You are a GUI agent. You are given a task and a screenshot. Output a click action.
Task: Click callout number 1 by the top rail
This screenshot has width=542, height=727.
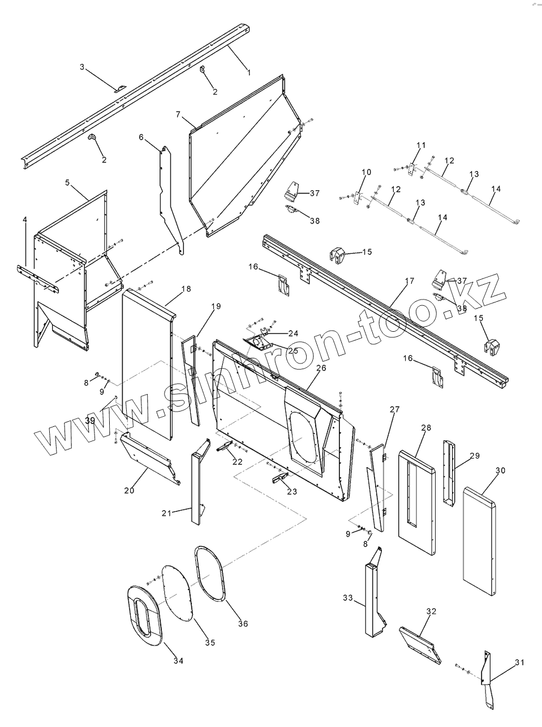pyautogui.click(x=248, y=72)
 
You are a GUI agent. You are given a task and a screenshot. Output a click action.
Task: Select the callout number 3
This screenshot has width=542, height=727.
pyautogui.click(x=82, y=67)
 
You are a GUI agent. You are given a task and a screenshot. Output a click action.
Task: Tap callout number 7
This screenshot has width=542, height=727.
pyautogui.click(x=178, y=115)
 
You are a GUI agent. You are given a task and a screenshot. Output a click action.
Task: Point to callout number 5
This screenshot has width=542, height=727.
pyautogui.click(x=67, y=183)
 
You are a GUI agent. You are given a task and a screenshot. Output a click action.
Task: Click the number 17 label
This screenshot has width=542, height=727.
pyautogui.click(x=410, y=281)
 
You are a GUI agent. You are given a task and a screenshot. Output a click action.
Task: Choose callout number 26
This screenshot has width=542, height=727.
pyautogui.click(x=321, y=368)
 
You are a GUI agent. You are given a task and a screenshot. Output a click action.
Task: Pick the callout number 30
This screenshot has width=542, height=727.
pyautogui.click(x=500, y=471)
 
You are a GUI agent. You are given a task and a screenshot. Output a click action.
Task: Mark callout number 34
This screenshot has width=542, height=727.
pyautogui.click(x=178, y=660)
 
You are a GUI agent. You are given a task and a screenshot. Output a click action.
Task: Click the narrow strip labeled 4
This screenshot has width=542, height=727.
pyautogui.click(x=37, y=279)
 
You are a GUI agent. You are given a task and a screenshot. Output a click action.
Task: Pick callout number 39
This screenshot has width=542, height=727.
pyautogui.click(x=91, y=420)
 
